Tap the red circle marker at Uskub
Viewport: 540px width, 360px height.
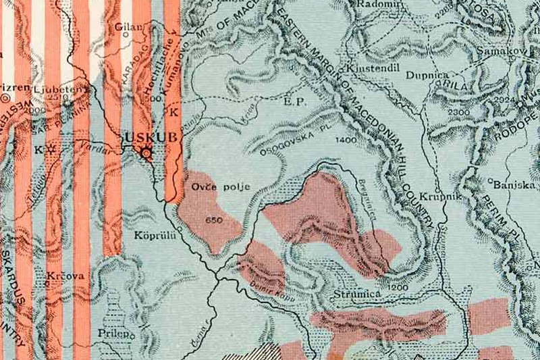point(146,155)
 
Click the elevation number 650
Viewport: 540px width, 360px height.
point(214,220)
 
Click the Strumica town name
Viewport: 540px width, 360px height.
point(358,296)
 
